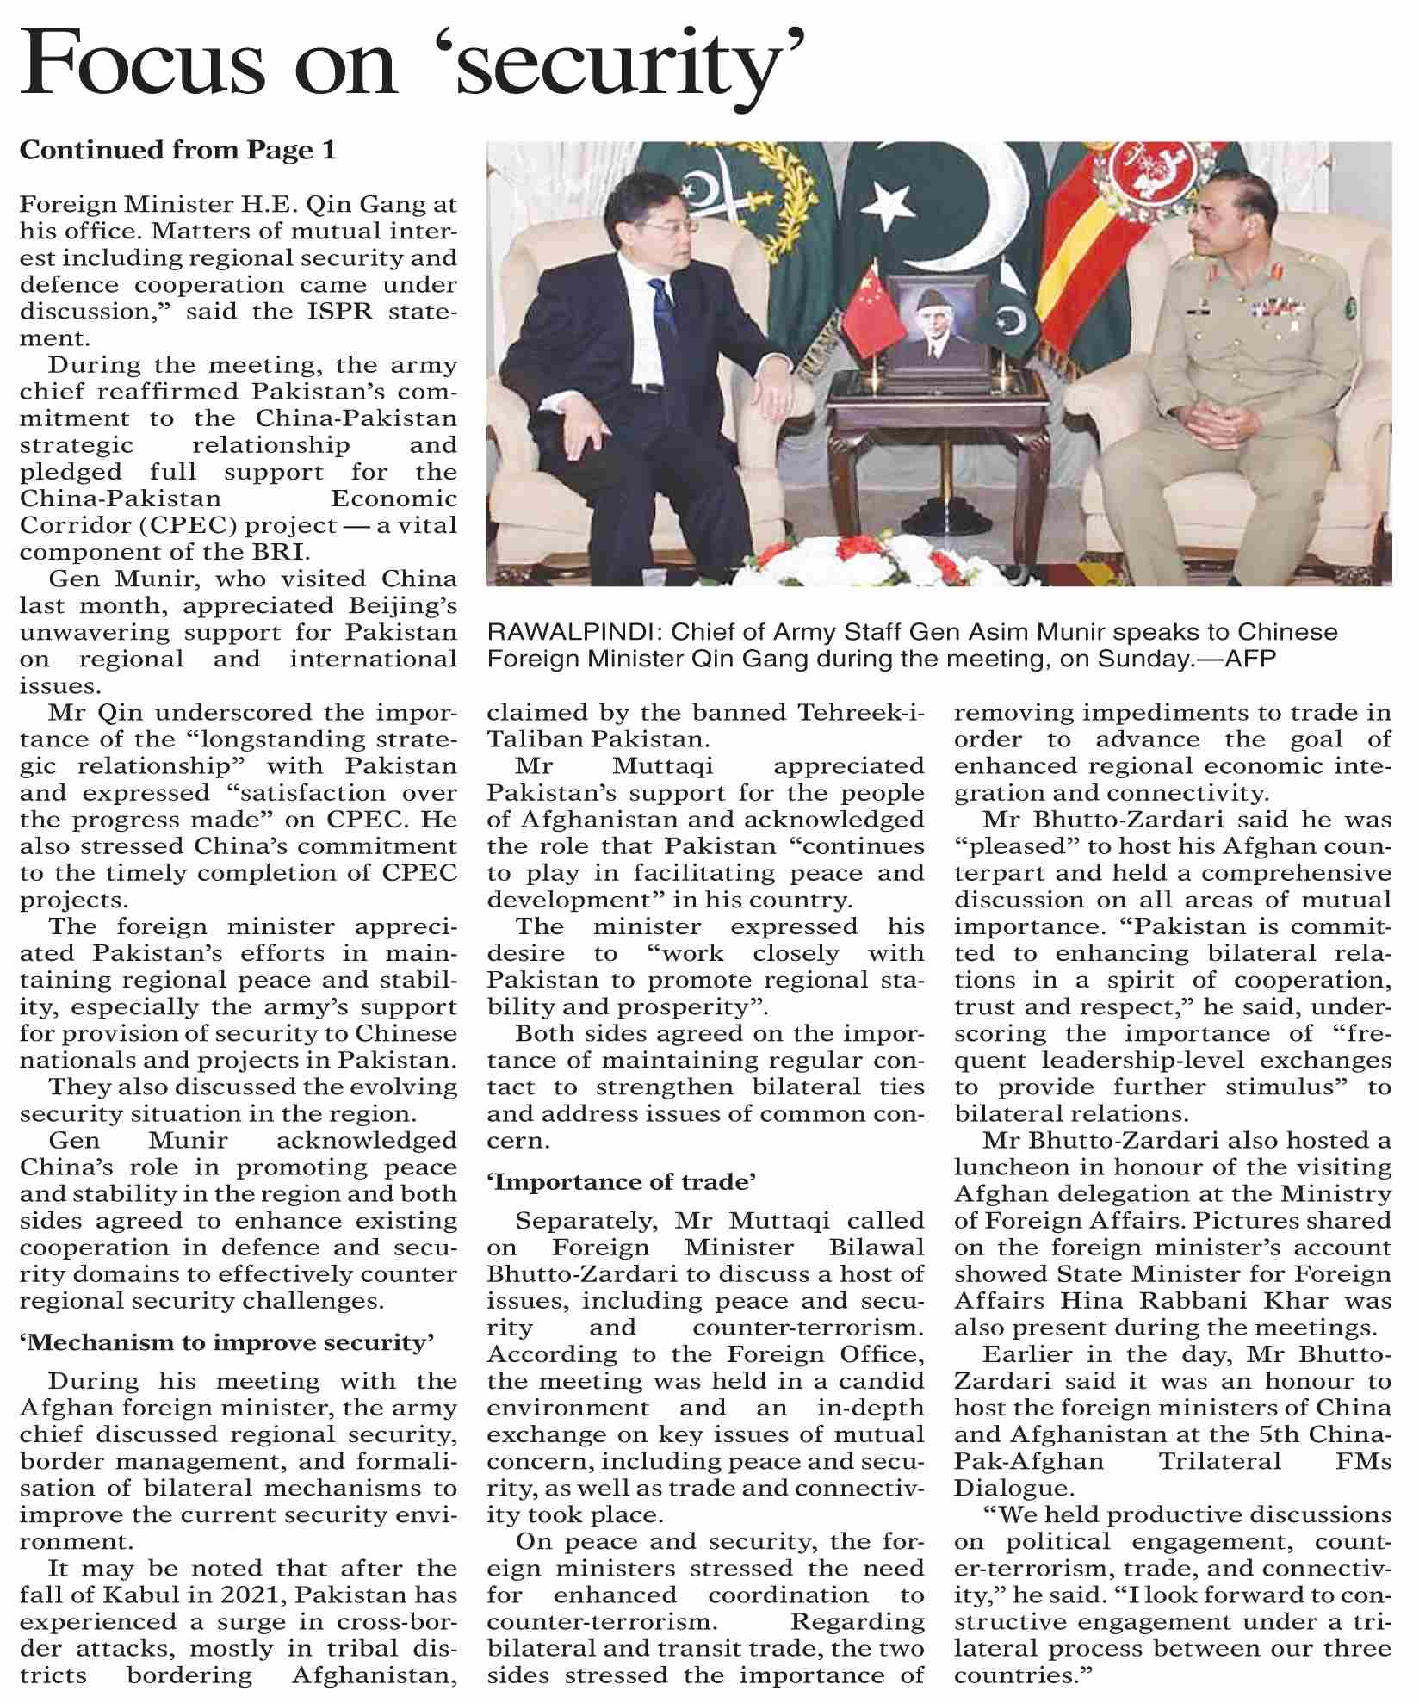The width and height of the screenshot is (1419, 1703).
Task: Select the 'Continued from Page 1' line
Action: tap(177, 151)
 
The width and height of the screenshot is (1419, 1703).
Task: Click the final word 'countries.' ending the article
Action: tap(1023, 1676)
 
